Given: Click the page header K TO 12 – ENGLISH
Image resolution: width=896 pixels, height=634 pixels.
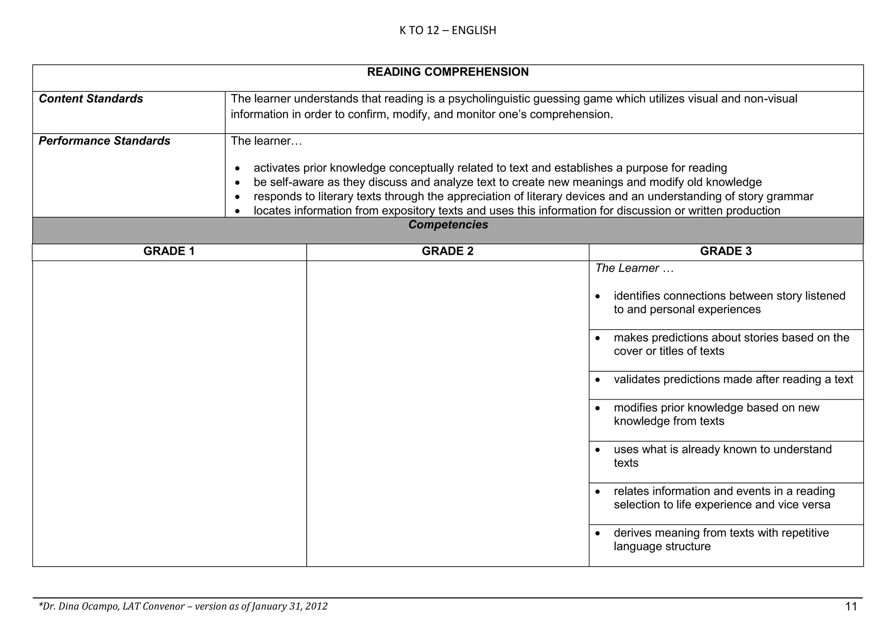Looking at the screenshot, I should click(x=448, y=30).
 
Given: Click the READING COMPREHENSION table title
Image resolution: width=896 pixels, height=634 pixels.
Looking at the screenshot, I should click(x=448, y=72).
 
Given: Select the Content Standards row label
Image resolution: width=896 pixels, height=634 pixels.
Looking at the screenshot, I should click(x=91, y=99).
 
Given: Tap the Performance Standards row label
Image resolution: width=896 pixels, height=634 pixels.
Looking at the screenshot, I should click(x=105, y=141).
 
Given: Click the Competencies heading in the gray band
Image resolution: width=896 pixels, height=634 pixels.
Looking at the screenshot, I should click(x=448, y=225).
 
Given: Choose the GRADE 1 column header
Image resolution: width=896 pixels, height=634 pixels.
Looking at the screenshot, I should click(x=169, y=251).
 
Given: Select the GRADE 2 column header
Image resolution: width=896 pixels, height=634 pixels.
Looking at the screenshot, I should click(x=448, y=251).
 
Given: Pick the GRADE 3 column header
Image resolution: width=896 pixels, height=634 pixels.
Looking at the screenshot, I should click(x=726, y=251).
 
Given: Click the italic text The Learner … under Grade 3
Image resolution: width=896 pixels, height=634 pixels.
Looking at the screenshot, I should click(x=634, y=268).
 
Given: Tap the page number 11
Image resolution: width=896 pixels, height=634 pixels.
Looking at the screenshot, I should click(x=851, y=606).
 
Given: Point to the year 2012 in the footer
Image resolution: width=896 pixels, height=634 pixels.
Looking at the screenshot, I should click(x=316, y=606).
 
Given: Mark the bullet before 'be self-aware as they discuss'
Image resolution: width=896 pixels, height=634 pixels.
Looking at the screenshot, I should click(x=238, y=183).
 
